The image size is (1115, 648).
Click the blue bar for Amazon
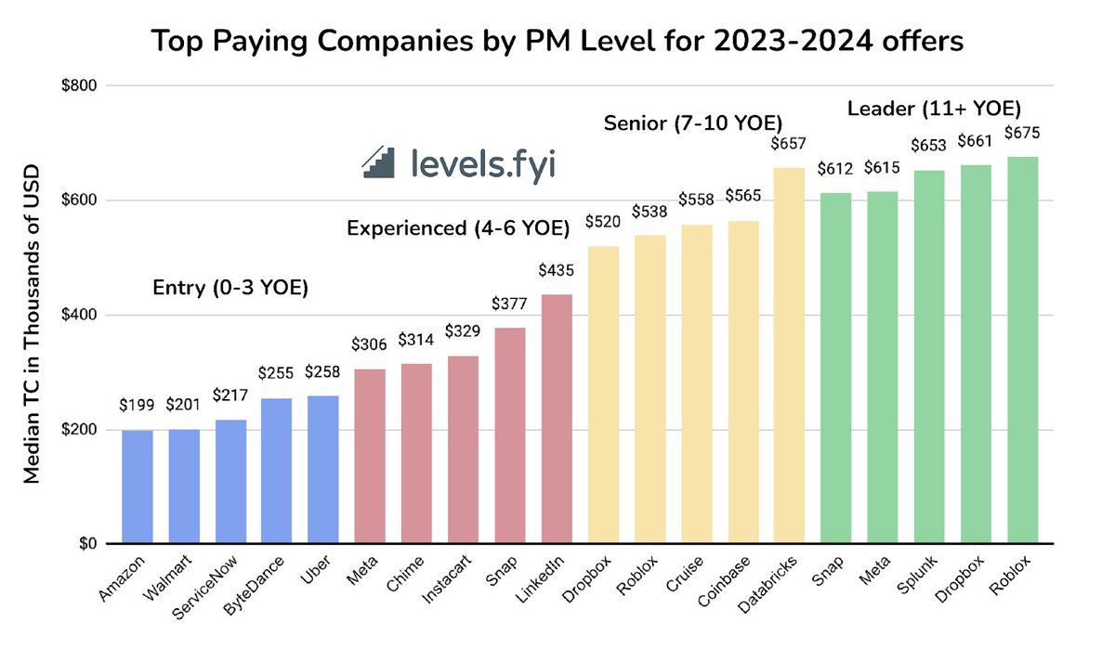(x=137, y=486)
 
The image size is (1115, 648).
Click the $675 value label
(x=1021, y=133)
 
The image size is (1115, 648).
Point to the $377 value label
(x=509, y=305)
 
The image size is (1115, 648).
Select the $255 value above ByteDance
(x=276, y=374)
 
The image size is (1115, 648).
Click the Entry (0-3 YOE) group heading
(x=230, y=289)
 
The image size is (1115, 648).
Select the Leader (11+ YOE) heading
(x=934, y=110)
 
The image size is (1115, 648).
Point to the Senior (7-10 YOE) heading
(x=693, y=123)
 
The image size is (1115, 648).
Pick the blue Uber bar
(x=322, y=470)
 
